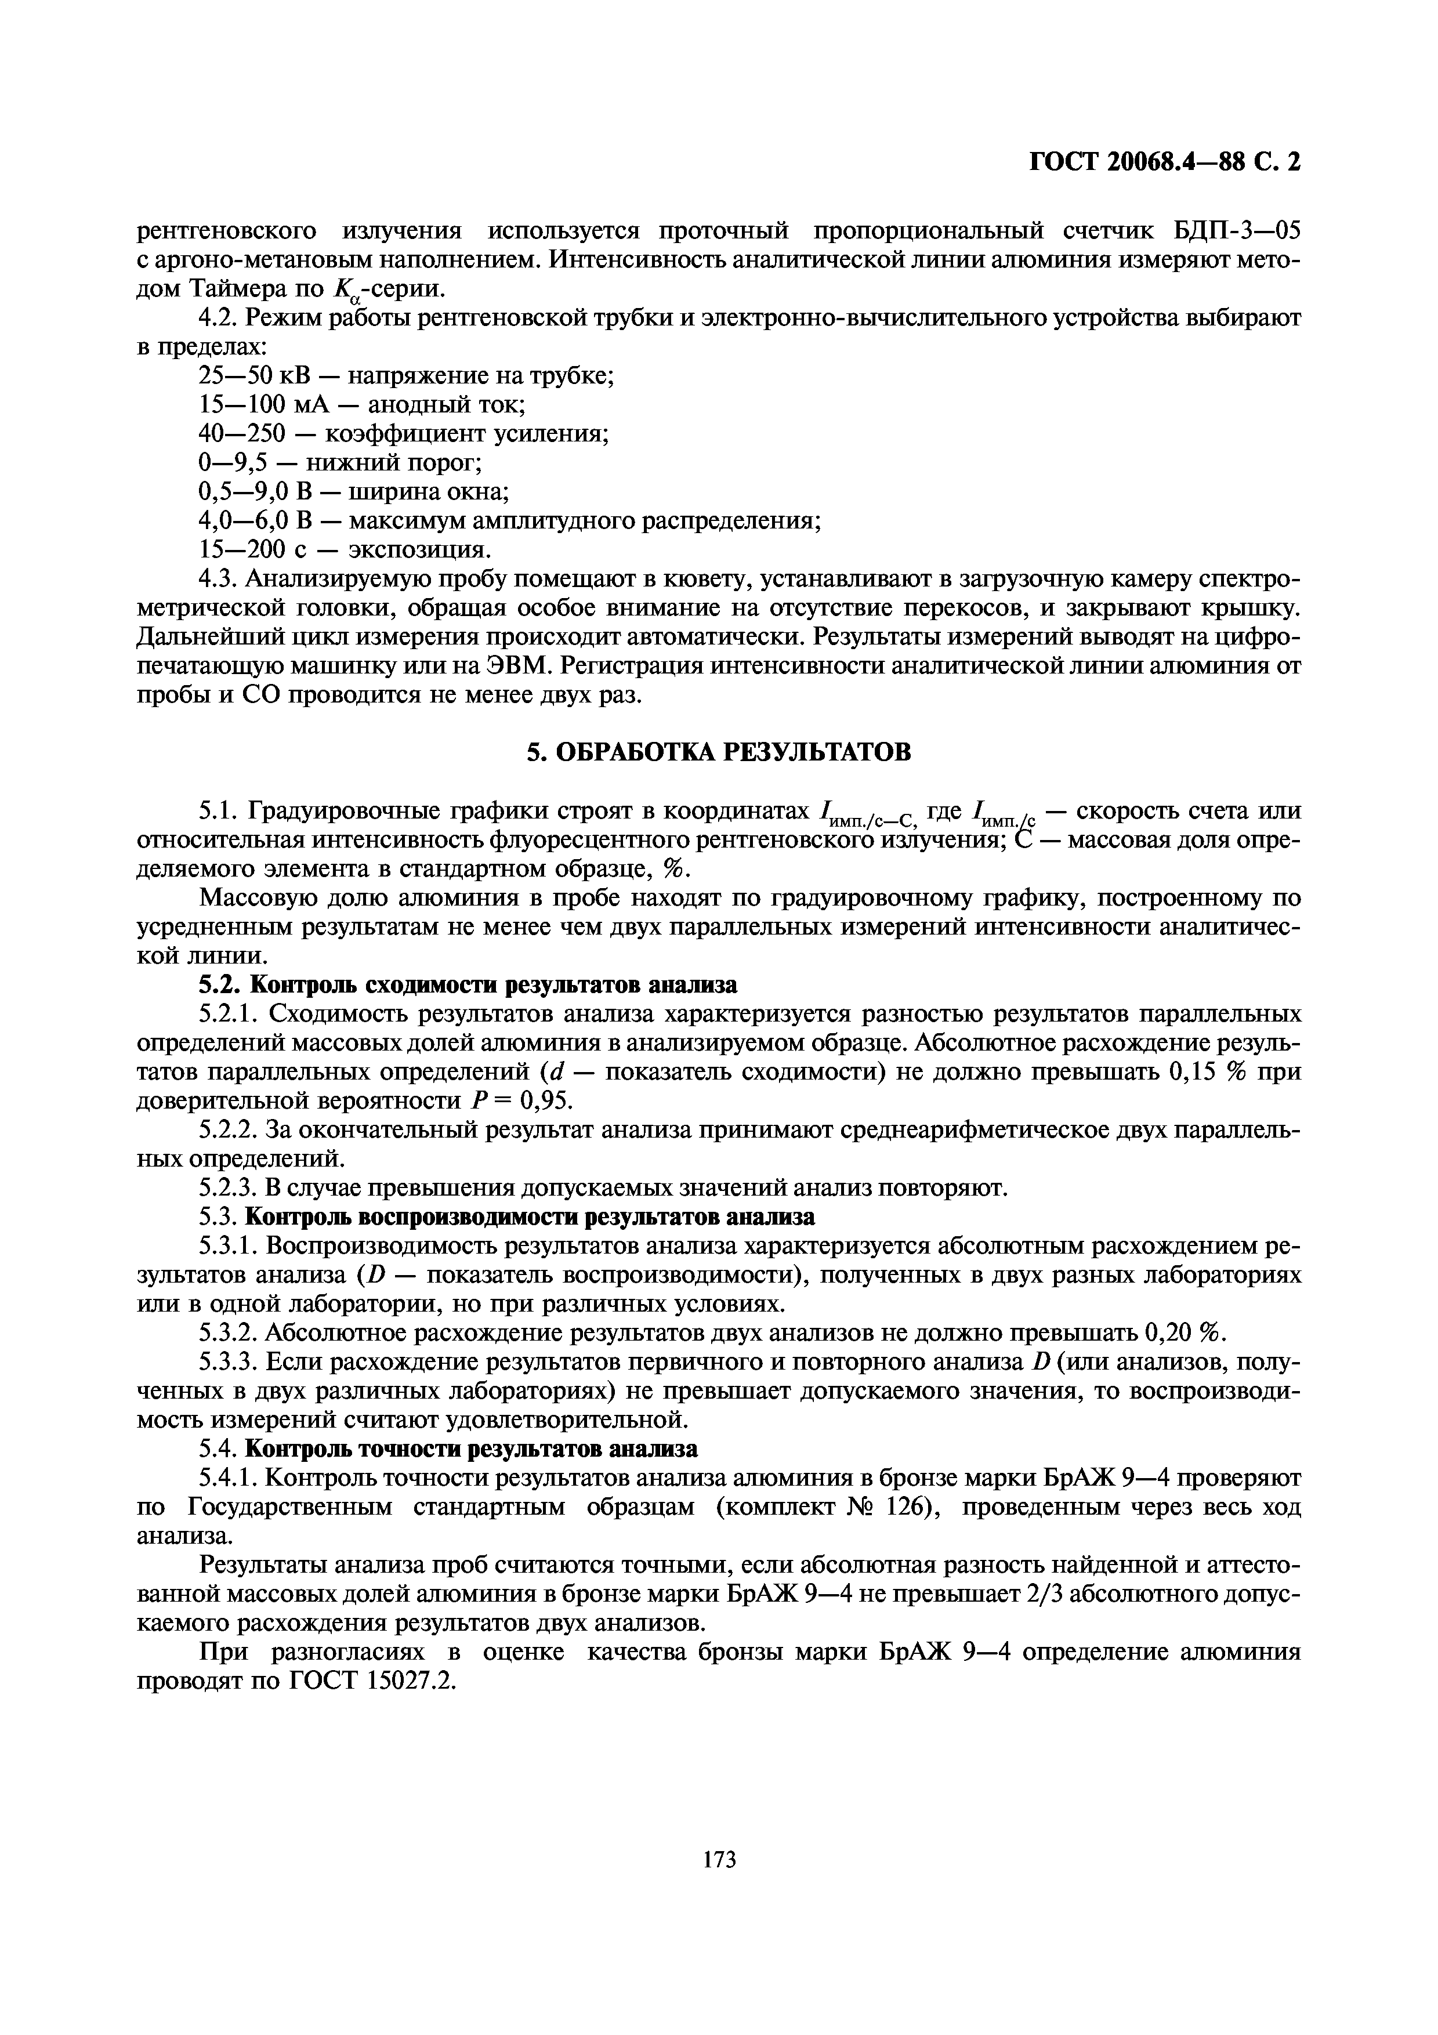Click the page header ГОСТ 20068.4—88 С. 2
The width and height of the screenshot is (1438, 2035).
pos(1164,162)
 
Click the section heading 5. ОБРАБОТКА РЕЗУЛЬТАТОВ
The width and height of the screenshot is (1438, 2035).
pos(719,752)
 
